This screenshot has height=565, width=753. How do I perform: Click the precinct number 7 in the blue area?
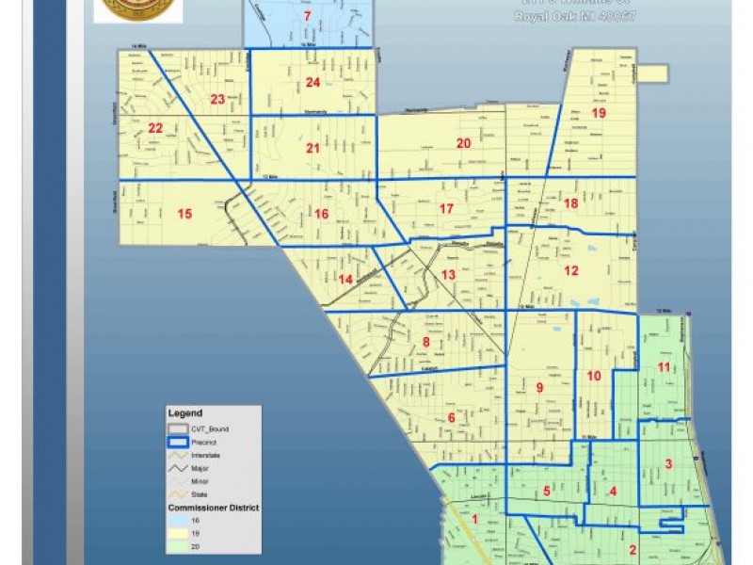[307, 17]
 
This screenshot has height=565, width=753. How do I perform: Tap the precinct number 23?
[218, 99]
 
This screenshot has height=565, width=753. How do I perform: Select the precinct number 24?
[313, 83]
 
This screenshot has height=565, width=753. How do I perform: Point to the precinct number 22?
[155, 129]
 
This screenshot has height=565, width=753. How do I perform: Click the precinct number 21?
[312, 148]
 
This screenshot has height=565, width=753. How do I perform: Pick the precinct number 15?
[184, 214]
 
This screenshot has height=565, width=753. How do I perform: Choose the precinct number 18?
[569, 203]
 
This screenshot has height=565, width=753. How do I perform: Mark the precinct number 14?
[345, 279]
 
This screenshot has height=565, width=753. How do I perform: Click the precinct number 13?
[448, 274]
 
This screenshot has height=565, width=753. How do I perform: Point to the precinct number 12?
[570, 271]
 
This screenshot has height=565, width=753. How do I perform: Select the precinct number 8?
[425, 343]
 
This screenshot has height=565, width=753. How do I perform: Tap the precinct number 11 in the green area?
[665, 366]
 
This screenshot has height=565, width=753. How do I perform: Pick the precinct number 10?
[594, 376]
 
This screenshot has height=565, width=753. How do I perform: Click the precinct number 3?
[668, 462]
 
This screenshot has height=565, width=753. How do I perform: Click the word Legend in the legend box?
[184, 413]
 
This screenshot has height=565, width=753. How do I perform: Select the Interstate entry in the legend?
[205, 455]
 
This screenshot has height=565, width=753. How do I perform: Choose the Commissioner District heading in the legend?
[213, 508]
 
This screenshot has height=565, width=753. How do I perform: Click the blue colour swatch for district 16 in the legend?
[177, 520]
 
